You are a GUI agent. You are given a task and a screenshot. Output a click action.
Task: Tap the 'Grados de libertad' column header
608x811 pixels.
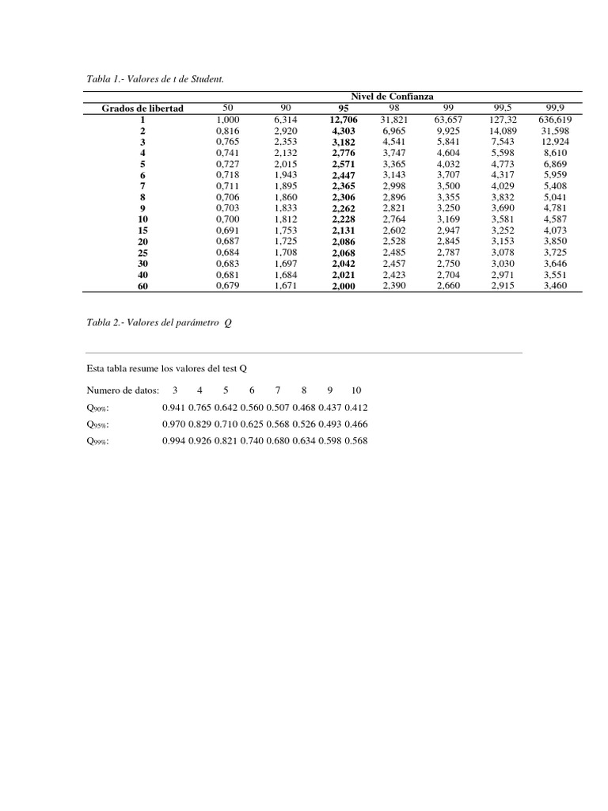pyautogui.click(x=142, y=108)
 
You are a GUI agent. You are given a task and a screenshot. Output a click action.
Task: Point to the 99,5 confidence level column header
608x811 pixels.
pyautogui.click(x=503, y=108)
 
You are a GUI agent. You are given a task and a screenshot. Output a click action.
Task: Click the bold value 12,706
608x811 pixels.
pyautogui.click(x=344, y=119)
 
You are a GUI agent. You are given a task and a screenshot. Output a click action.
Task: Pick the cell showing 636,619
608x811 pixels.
pyautogui.click(x=554, y=119)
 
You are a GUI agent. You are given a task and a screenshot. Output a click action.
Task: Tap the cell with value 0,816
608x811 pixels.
pyautogui.click(x=228, y=130)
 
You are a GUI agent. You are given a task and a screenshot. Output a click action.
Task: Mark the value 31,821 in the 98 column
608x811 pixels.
pyautogui.click(x=393, y=119)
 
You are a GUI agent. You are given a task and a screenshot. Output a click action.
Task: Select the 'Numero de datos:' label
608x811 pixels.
pyautogui.click(x=123, y=390)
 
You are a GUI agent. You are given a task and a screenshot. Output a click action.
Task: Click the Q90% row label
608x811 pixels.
pyautogui.click(x=98, y=408)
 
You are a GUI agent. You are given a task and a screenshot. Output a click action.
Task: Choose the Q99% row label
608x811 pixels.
pyautogui.click(x=98, y=441)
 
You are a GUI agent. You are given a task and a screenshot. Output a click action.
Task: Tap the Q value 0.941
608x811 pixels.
pyautogui.click(x=173, y=407)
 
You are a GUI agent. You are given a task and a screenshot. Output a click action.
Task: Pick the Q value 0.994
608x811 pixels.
pyautogui.click(x=173, y=440)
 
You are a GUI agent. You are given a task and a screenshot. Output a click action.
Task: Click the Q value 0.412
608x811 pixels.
pyautogui.click(x=355, y=407)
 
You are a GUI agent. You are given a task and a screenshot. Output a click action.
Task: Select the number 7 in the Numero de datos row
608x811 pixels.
pyautogui.click(x=277, y=390)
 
